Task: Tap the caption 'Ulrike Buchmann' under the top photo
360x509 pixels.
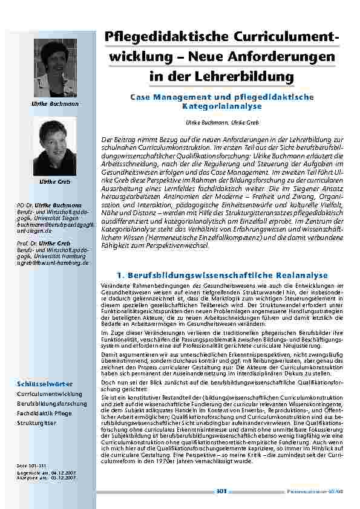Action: pyautogui.click(x=54, y=104)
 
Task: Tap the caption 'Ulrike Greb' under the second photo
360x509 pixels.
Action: pyautogui.click(x=54, y=182)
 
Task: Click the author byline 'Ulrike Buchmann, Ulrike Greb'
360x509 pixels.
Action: pyautogui.click(x=220, y=122)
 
